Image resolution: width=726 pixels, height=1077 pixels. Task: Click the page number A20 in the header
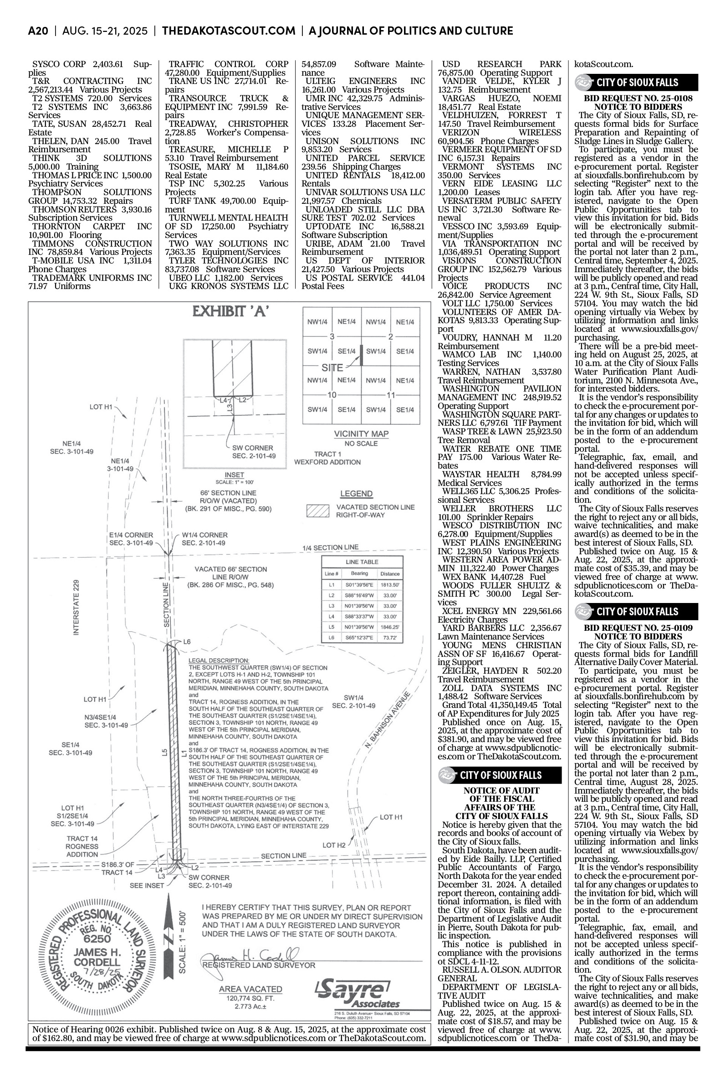pos(38,31)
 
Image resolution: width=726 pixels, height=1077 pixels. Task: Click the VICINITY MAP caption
pos(361,434)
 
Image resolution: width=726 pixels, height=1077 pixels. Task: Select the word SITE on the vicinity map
pos(332,368)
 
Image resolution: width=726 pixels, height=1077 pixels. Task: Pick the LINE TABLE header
pos(362,562)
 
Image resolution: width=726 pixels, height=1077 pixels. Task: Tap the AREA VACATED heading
pos(251,989)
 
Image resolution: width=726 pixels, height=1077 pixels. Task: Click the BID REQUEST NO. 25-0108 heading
pos(638,98)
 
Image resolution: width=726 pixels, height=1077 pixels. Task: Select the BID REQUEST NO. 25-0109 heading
pos(638,628)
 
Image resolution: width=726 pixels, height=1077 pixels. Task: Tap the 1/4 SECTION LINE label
pos(330,547)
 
